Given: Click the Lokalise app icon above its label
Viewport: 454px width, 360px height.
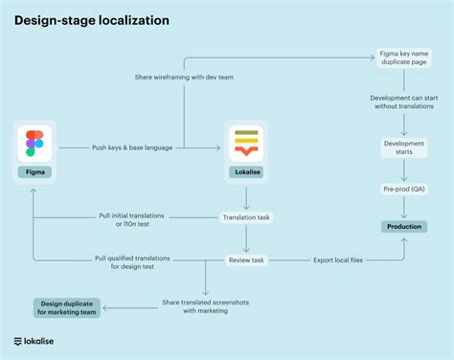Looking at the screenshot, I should coord(247,142).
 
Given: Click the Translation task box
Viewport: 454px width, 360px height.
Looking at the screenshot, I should coord(246,217).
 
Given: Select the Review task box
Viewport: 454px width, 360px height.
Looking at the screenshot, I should coord(247,259).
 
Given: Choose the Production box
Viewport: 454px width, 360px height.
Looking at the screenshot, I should coord(403,226).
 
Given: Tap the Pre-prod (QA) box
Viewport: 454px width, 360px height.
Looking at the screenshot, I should coord(403,191).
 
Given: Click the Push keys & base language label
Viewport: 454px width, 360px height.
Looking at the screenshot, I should coord(134,147).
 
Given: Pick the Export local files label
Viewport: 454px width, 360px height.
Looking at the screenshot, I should coord(339,259).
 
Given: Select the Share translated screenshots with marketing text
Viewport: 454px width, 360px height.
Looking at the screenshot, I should coord(202,304).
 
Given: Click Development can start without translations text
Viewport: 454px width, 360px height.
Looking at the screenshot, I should coord(403,103).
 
